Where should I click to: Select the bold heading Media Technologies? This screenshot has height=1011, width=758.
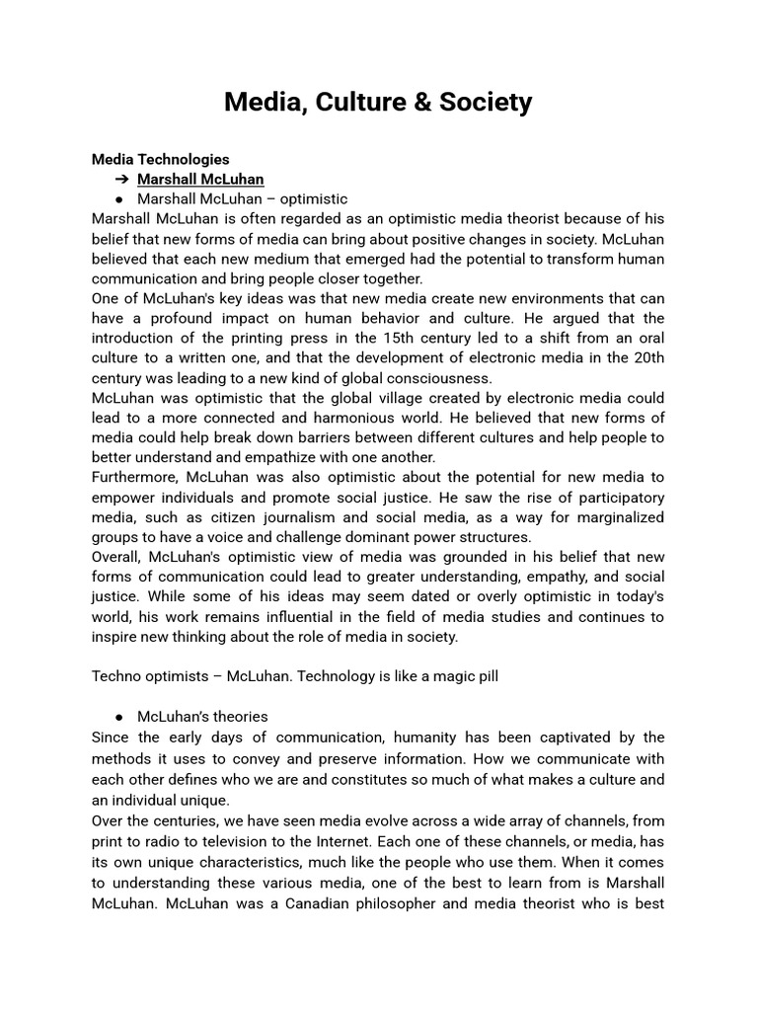point(160,159)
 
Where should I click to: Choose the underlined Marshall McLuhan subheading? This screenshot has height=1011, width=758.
point(200,180)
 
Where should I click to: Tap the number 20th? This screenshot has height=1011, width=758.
point(646,358)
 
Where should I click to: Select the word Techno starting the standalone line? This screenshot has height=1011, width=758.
point(116,676)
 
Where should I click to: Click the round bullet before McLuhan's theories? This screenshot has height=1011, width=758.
point(118,717)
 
